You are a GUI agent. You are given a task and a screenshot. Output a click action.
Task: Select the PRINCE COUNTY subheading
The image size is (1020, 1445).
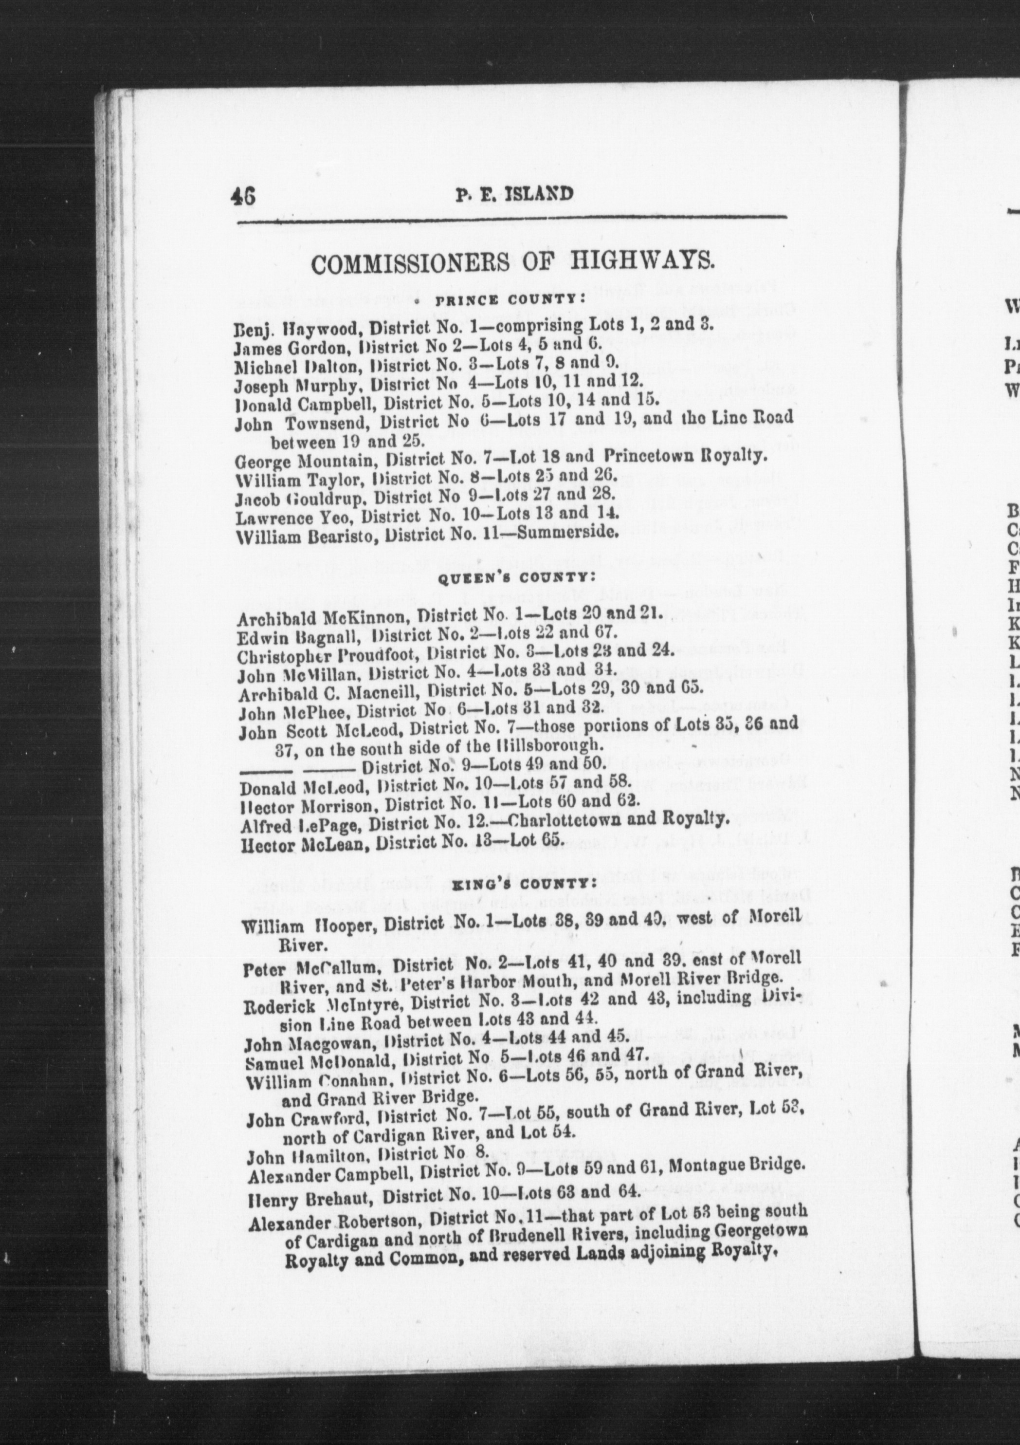[x=511, y=300]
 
